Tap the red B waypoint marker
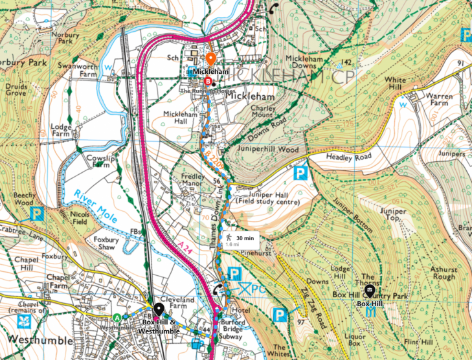click(208, 82)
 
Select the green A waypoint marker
click(117, 317)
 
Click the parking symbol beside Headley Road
click(300, 173)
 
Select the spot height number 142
click(347, 62)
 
